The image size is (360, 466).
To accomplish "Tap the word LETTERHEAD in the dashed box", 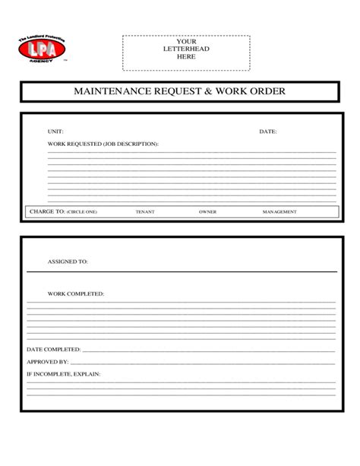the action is click(x=186, y=49).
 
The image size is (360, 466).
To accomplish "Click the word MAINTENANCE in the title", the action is click(x=112, y=92).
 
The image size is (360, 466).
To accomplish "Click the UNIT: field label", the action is click(x=55, y=132).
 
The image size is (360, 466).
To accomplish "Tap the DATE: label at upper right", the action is click(x=268, y=132).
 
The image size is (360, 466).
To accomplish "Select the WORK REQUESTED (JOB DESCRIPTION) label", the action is click(x=103, y=143).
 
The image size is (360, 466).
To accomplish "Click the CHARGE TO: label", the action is click(x=46, y=211).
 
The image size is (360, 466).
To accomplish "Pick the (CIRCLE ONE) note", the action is click(x=82, y=212).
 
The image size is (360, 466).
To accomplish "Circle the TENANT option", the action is click(x=145, y=212).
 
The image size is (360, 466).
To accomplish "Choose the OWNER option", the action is click(x=207, y=212).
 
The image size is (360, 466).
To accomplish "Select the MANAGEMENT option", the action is click(x=279, y=212).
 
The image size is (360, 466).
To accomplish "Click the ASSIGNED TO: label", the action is click(x=68, y=261).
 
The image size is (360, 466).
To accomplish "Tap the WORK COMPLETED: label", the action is click(x=76, y=293).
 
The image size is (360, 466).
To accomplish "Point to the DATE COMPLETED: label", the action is click(x=54, y=350).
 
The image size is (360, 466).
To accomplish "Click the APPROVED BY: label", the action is click(x=48, y=362).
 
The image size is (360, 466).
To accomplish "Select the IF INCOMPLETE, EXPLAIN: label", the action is click(x=63, y=374).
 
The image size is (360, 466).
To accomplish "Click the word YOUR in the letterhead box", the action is click(x=186, y=41).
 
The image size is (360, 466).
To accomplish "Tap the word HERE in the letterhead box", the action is click(x=186, y=56).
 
